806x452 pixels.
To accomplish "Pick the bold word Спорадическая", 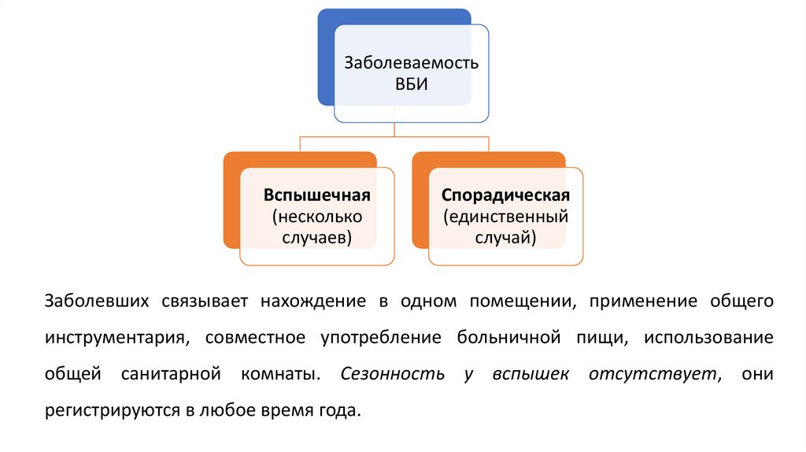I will click(505, 195).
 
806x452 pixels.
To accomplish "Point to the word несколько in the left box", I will click(317, 215).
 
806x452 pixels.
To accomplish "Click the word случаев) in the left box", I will click(317, 235).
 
